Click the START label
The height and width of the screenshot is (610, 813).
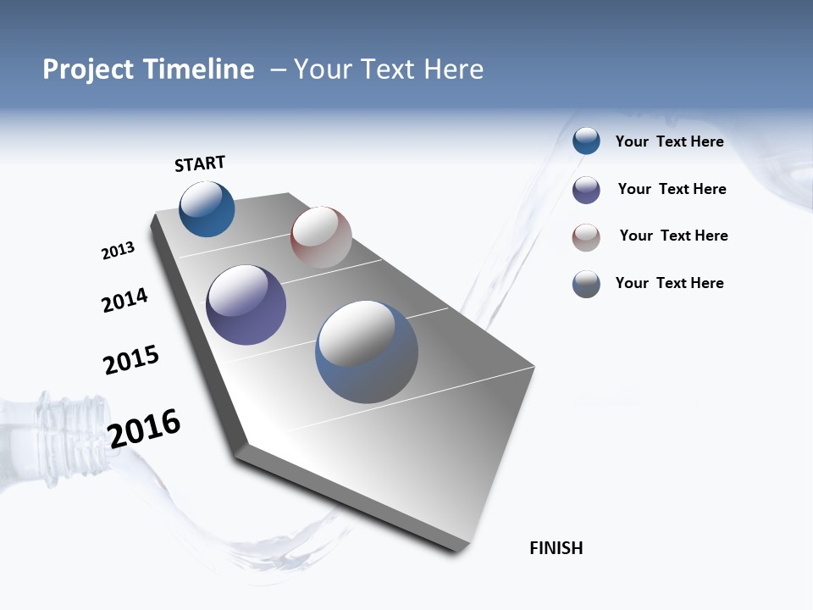tap(200, 164)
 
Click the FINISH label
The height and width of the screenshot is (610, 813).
tap(556, 548)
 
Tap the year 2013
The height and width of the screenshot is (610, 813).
tap(118, 251)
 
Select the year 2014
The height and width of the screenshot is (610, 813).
tap(124, 300)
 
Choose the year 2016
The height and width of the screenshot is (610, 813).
tap(144, 429)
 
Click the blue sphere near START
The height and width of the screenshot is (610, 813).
tap(207, 209)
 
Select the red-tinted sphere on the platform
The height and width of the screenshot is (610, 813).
tap(321, 237)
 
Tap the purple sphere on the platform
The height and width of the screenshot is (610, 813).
tap(246, 305)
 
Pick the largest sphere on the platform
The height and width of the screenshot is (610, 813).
tap(366, 352)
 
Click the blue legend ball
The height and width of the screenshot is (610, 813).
tap(586, 141)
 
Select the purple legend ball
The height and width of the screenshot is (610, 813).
tap(586, 190)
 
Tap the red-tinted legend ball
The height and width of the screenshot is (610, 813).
tap(586, 237)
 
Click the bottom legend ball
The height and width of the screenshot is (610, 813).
tap(586, 284)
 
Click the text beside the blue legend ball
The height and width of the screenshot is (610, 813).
tap(669, 141)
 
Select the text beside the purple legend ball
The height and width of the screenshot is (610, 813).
tap(672, 189)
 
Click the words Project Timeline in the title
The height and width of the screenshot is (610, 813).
tap(148, 69)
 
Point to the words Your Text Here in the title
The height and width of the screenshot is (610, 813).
tap(388, 69)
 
